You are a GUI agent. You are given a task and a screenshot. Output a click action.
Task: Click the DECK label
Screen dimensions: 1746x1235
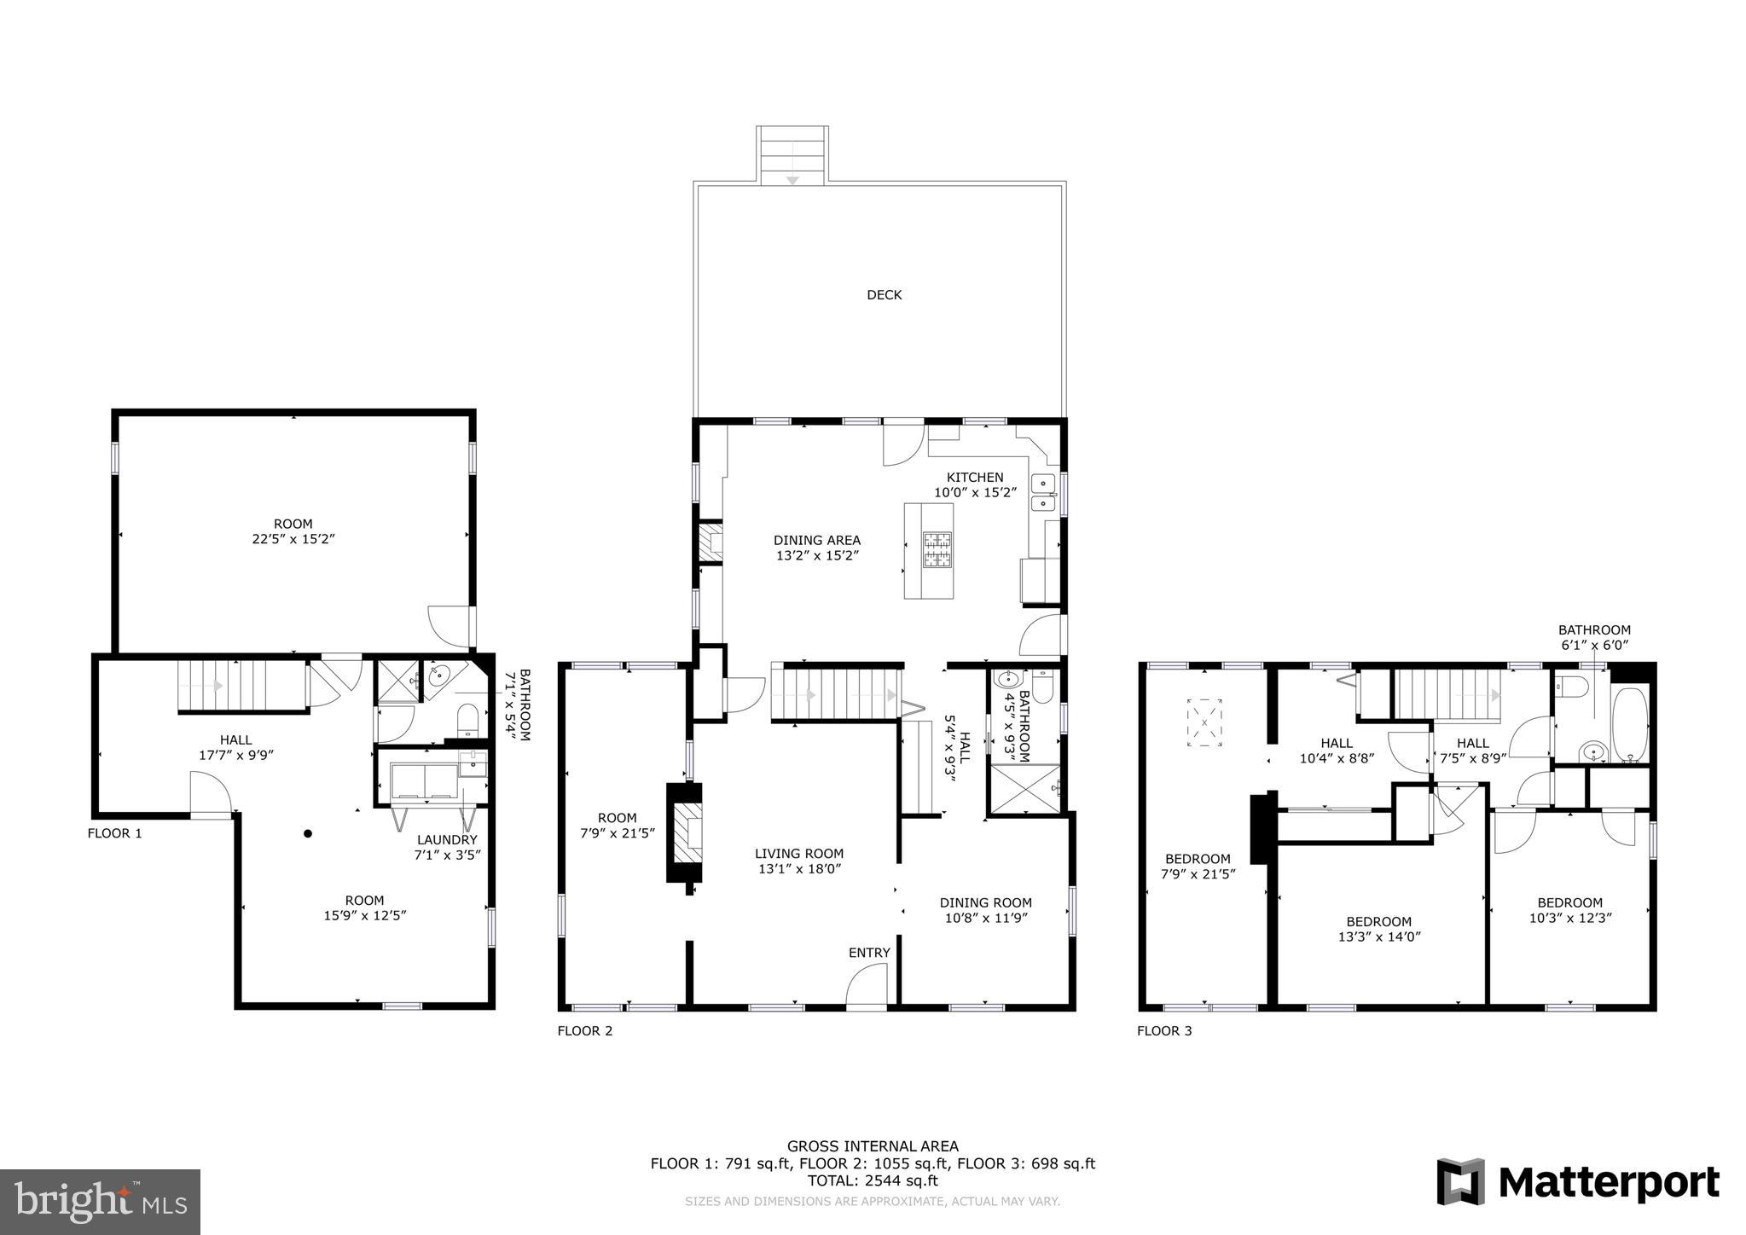[x=884, y=295]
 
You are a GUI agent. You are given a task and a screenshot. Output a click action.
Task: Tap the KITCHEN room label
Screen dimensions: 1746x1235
[x=975, y=478]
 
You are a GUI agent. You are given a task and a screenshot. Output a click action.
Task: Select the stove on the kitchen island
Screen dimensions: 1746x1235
[x=937, y=550]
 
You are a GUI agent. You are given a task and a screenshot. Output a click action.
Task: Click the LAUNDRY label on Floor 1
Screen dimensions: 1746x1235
[x=447, y=840]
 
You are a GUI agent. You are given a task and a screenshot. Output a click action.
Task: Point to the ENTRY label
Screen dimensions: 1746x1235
[x=869, y=953]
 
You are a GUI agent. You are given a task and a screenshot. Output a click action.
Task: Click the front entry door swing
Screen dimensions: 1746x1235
[x=867, y=984]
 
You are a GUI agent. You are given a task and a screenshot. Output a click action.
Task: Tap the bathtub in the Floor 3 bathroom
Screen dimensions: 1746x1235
[x=1630, y=725]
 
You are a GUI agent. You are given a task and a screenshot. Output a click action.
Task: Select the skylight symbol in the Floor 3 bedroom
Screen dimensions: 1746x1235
[x=1204, y=723]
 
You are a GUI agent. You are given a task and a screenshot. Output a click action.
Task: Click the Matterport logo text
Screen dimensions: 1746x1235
[x=1609, y=1183]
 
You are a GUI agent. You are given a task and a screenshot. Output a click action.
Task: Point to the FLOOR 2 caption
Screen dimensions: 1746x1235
[x=585, y=1030]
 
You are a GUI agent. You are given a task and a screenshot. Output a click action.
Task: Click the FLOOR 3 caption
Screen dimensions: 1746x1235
[x=1164, y=1031]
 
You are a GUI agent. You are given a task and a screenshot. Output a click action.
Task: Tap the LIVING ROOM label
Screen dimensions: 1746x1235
[x=799, y=854]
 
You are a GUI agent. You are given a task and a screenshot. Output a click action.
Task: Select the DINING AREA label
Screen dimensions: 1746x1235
[x=817, y=540]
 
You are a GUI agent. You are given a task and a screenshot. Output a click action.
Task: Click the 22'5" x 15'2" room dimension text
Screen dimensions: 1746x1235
[x=293, y=539]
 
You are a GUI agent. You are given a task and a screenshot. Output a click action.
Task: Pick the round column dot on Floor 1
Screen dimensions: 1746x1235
[x=308, y=833]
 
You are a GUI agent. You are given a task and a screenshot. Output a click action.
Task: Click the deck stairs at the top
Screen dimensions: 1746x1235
[x=792, y=154]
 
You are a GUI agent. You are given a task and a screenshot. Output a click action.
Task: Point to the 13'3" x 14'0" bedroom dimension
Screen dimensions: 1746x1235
[x=1379, y=936]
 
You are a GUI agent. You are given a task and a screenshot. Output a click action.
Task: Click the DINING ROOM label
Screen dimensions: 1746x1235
[x=986, y=902]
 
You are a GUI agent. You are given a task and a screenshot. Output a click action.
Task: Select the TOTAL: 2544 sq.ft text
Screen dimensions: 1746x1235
[x=873, y=1181]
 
